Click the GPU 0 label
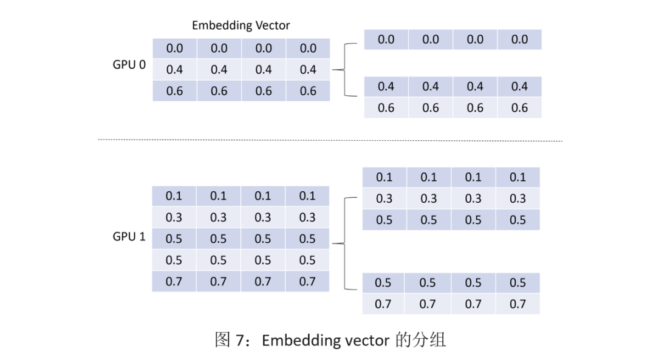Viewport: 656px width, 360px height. click(129, 65)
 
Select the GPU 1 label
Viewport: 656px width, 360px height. click(129, 237)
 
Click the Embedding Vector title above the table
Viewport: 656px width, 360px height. click(241, 25)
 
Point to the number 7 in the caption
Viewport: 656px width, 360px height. click(239, 341)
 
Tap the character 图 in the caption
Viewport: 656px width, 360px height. click(222, 340)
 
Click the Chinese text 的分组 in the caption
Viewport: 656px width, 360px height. click(420, 340)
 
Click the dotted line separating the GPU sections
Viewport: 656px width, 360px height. click(330, 140)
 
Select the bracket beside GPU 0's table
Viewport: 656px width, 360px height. click(345, 70)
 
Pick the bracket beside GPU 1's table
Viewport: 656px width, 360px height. click(345, 243)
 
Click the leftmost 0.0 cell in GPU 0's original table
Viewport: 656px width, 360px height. click(174, 49)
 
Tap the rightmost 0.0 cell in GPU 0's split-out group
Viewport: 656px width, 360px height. click(519, 39)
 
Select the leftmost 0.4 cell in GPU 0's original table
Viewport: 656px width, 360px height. click(174, 69)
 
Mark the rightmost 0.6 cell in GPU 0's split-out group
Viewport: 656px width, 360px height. click(519, 108)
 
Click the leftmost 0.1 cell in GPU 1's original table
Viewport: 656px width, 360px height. click(174, 196)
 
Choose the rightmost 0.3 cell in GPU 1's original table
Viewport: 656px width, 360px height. click(307, 217)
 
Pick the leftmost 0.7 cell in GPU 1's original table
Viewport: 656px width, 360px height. click(174, 282)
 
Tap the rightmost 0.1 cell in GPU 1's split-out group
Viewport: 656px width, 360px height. click(518, 177)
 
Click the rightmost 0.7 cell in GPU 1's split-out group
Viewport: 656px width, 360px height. click(518, 304)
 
